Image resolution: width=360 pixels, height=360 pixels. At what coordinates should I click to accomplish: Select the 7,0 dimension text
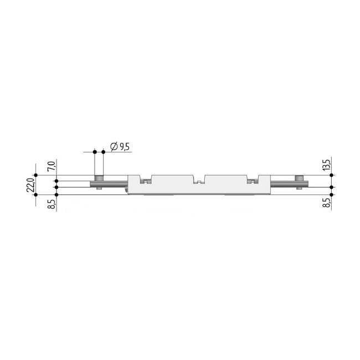click(x=52, y=166)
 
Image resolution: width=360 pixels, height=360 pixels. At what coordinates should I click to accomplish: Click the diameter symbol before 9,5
click(x=113, y=147)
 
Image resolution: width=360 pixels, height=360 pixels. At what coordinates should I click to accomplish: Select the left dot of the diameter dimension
click(x=95, y=151)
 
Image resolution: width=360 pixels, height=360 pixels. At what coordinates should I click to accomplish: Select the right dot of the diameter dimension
click(x=103, y=151)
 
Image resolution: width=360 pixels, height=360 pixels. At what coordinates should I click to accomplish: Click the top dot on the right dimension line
click(x=332, y=176)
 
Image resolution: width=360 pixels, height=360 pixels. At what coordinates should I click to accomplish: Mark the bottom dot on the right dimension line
click(x=332, y=194)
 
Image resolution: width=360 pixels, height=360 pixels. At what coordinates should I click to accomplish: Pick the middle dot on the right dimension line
click(x=332, y=187)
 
